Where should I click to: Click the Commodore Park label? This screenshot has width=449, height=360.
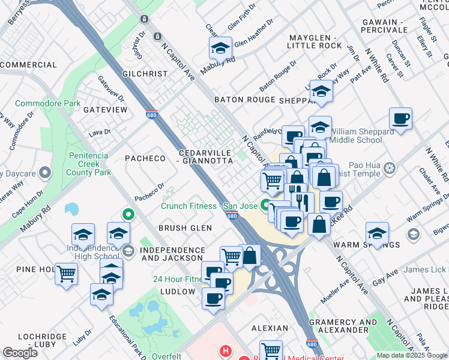47,103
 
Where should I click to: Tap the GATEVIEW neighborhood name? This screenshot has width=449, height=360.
106,110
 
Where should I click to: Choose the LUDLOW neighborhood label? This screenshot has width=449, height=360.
178,292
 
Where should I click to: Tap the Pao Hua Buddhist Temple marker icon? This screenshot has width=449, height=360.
390,167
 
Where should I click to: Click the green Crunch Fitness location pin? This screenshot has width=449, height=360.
265,205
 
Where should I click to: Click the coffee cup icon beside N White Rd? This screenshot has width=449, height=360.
400,118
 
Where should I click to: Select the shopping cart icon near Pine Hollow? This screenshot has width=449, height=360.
66,274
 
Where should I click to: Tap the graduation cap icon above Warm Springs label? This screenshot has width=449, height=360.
377,233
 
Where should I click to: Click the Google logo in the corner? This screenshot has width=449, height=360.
20,353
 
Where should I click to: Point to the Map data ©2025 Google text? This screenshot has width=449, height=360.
412,355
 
